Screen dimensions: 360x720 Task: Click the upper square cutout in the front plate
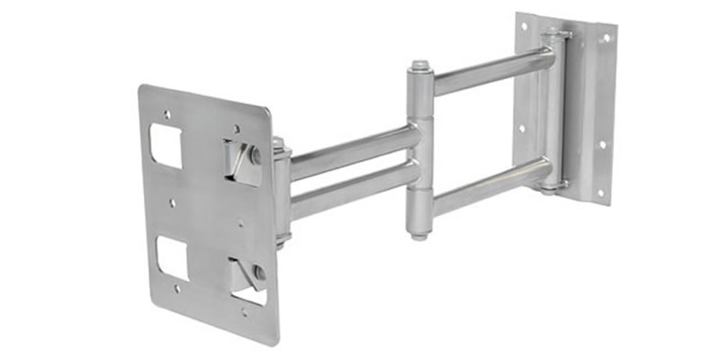tap(166, 146)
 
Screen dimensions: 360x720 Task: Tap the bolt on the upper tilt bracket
tap(256, 154)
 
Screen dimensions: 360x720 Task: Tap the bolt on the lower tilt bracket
tap(259, 271)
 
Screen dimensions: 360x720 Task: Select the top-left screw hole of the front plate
tap(166, 114)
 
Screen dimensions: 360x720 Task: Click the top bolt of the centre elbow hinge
tap(419, 67)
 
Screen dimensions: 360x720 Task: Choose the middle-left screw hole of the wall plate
tap(521, 129)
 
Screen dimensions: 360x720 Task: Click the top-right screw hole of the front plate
tap(236, 129)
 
